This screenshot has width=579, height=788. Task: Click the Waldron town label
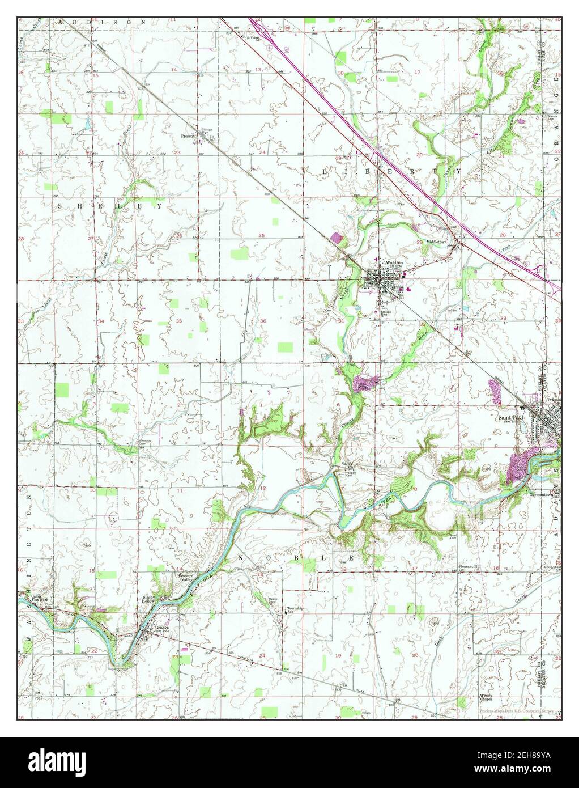(x=394, y=263)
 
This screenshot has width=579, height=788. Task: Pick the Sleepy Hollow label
(x=149, y=600)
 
